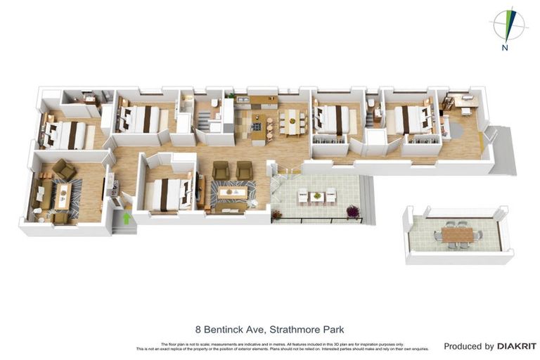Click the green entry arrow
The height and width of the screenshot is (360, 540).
(127, 218)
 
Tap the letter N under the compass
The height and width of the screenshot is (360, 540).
(505, 49)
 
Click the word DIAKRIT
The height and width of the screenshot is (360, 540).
(517, 346)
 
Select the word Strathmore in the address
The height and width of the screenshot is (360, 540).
(282, 329)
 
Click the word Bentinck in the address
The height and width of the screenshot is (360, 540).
(226, 329)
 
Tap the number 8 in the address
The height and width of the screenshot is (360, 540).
(198, 329)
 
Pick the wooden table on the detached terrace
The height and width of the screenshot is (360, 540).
(454, 233)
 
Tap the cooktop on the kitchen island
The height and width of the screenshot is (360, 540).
(256, 126)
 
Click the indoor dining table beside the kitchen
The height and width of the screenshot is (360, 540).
(292, 122)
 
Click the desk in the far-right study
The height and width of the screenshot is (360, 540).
(461, 101)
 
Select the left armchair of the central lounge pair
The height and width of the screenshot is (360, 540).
(221, 169)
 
